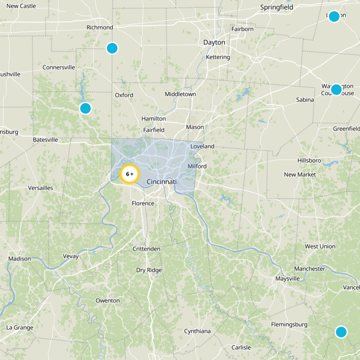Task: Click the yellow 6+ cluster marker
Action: click(x=130, y=174)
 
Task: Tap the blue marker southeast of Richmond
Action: click(x=112, y=48)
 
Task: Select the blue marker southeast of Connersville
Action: click(x=85, y=108)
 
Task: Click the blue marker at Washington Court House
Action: click(x=336, y=90)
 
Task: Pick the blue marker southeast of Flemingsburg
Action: click(x=341, y=332)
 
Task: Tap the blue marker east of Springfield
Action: click(x=334, y=17)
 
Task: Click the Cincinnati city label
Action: click(x=162, y=182)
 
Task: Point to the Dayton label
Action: click(x=214, y=42)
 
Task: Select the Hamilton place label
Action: click(x=153, y=118)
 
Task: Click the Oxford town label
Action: click(x=124, y=95)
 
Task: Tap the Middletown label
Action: click(x=180, y=94)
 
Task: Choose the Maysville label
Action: click(x=287, y=279)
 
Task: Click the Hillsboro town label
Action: click(x=309, y=161)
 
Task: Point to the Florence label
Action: click(x=143, y=203)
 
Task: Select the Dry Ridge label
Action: click(x=149, y=270)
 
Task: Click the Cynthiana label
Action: click(x=197, y=331)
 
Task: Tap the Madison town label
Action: click(x=20, y=259)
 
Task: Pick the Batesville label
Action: click(x=45, y=140)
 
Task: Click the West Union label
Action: click(x=320, y=246)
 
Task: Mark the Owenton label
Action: click(x=108, y=300)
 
